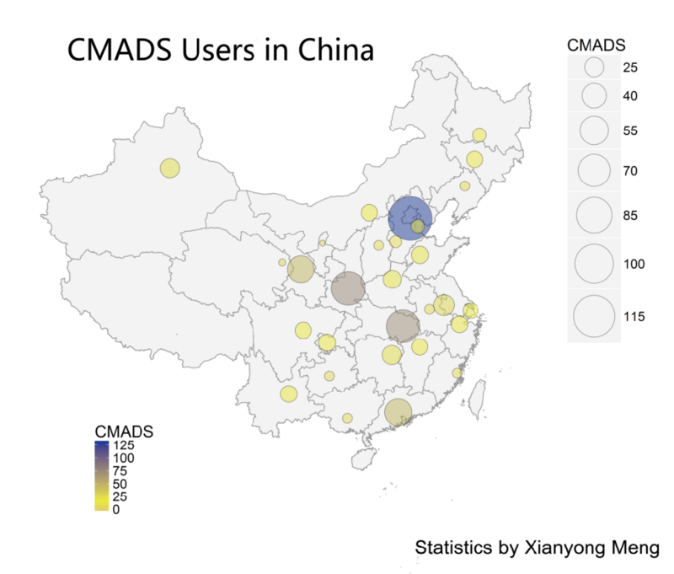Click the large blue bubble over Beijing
409,218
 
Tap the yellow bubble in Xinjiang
170,168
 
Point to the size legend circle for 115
594,316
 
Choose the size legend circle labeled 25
594,67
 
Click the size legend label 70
630,171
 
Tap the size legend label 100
634,264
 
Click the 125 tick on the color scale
124,445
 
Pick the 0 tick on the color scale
116,509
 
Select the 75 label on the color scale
120,471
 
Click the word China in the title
336,50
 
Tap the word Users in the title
217,50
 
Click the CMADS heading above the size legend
596,46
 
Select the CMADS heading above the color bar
124,432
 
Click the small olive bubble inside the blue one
417,226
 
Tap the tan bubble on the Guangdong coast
398,412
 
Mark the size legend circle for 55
594,131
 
